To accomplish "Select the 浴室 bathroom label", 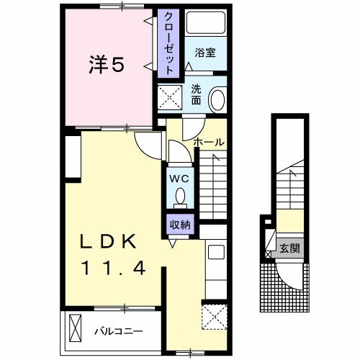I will [205, 52].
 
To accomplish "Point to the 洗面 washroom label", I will [196, 95].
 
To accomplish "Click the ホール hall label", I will [209, 142].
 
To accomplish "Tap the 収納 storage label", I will [180, 225].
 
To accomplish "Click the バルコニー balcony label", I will [118, 332].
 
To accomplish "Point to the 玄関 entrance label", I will [290, 250].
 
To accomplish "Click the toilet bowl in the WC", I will [180, 194].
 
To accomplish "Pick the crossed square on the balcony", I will [76, 330].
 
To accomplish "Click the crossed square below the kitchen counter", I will [214, 315].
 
